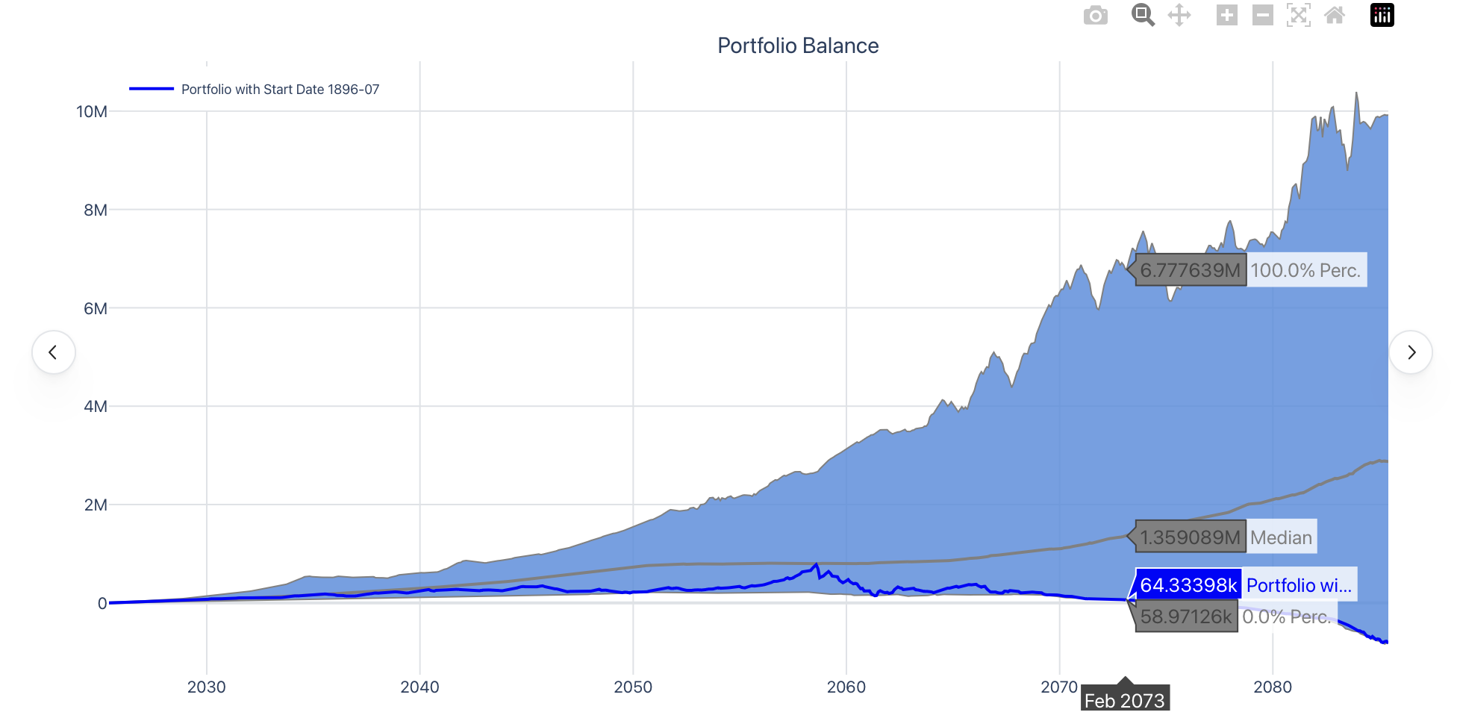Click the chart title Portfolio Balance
pyautogui.click(x=797, y=46)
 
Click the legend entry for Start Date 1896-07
pyautogui.click(x=279, y=90)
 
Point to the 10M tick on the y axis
pyautogui.click(x=92, y=112)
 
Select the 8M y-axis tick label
pyautogui.click(x=96, y=210)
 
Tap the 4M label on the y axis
pyautogui.click(x=96, y=407)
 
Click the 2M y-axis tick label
pyautogui.click(x=96, y=505)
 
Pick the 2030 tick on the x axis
pyautogui.click(x=206, y=687)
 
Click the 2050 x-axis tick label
pyautogui.click(x=633, y=687)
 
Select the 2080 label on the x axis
pyautogui.click(x=1272, y=687)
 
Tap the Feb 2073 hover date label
pyautogui.click(x=1124, y=701)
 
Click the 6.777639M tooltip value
pyautogui.click(x=1190, y=270)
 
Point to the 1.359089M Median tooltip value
pyautogui.click(x=1190, y=537)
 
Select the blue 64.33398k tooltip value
pyautogui.click(x=1188, y=585)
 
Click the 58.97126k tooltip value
pyautogui.click(x=1185, y=617)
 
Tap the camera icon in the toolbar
pyautogui.click(x=1095, y=16)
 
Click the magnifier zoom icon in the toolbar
pyautogui.click(x=1142, y=15)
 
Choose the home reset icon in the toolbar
pyautogui.click(x=1335, y=15)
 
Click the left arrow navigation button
pyautogui.click(x=53, y=352)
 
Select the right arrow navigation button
pyautogui.click(x=1411, y=352)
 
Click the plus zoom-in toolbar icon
pyautogui.click(x=1226, y=15)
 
